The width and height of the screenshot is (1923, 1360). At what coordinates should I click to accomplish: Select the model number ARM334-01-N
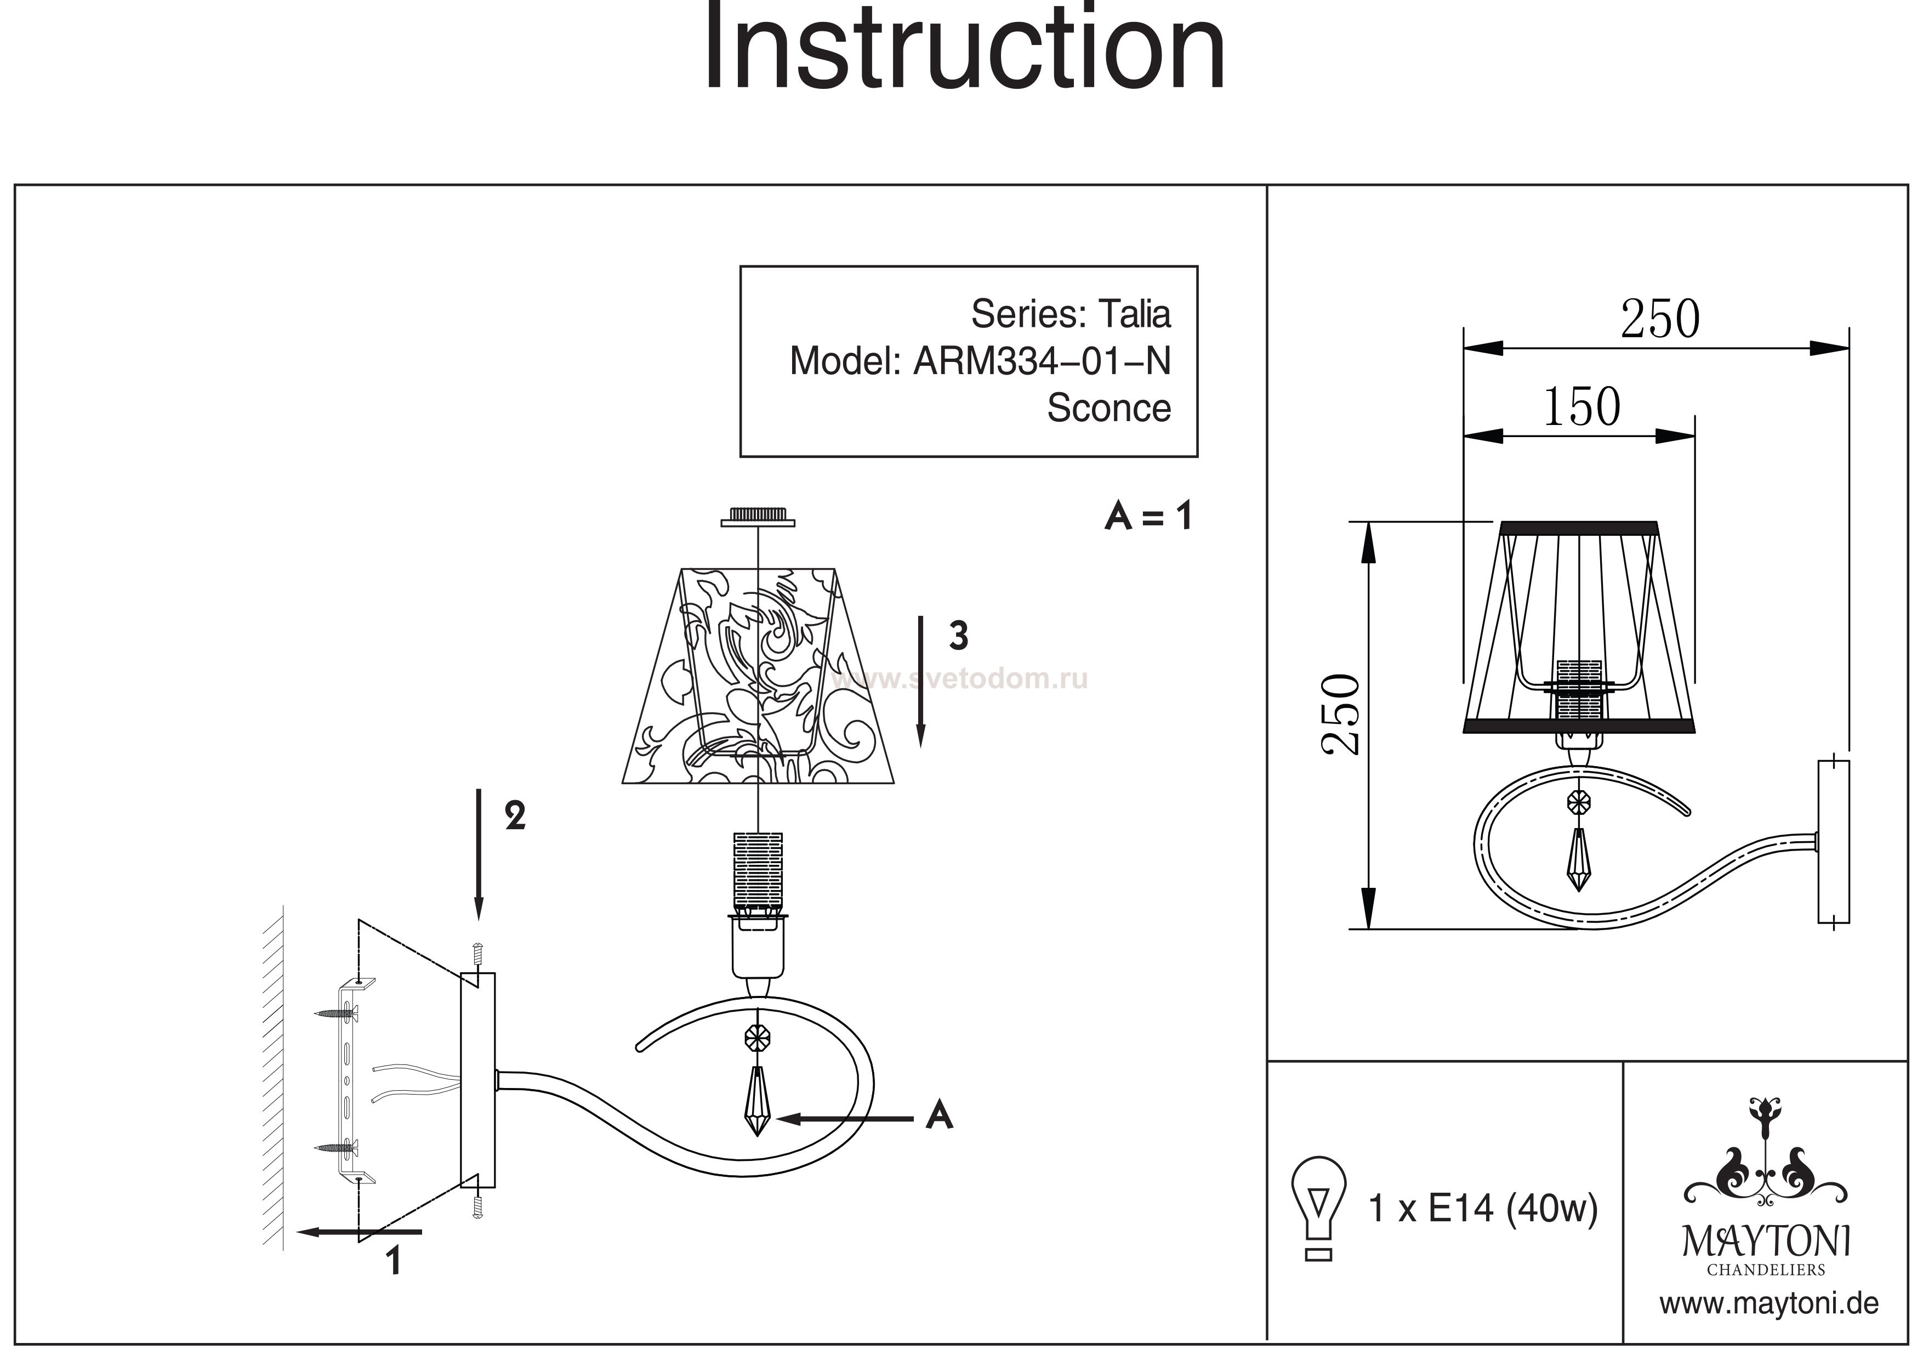click(1041, 361)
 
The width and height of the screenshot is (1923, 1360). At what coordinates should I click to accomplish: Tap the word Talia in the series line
click(1134, 314)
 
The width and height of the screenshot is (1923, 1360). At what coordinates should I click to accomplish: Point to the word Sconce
click(1108, 408)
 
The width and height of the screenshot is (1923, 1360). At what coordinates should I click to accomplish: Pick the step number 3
click(959, 637)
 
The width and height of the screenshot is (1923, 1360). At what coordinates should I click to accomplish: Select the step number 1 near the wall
click(394, 1261)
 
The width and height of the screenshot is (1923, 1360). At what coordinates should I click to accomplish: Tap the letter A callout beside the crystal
click(940, 1115)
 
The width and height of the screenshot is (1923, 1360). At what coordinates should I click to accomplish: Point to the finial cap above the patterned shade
click(758, 518)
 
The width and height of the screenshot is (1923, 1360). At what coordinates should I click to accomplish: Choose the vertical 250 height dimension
click(1341, 714)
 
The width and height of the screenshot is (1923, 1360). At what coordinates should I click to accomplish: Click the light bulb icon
click(1318, 1208)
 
